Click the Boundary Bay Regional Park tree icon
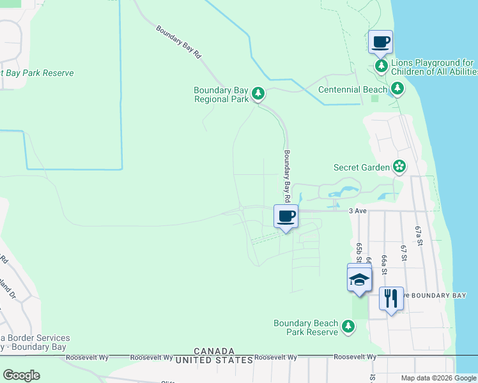point(258,94)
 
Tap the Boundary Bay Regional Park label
point(221,94)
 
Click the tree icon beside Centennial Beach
point(397,88)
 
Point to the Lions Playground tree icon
point(382,66)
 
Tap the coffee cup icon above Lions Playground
point(380,43)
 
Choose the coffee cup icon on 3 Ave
point(286,216)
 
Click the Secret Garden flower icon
point(399,167)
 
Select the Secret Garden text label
point(362,167)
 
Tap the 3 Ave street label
point(357,211)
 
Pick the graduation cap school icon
point(359,278)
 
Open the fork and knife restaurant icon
point(391,297)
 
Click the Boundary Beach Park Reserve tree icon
point(348,327)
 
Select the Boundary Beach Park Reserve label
point(305,327)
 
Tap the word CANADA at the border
point(214,352)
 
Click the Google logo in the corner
point(21,375)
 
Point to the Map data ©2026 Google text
point(438,378)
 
